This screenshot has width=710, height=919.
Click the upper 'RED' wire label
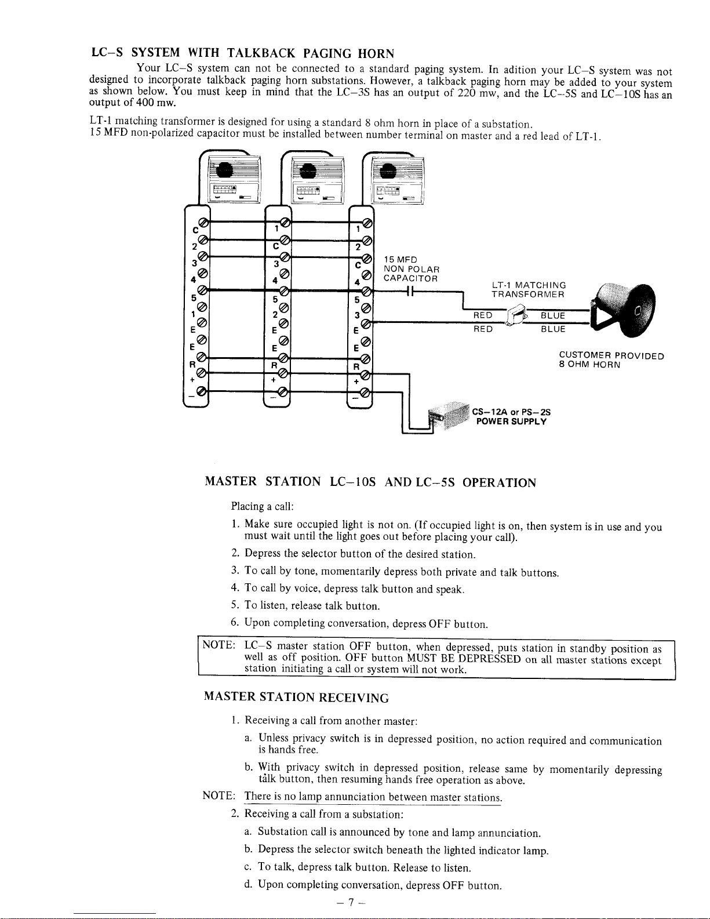[x=483, y=315]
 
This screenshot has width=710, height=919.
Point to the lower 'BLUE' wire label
[x=553, y=329]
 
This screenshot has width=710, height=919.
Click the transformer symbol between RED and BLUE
[x=517, y=321]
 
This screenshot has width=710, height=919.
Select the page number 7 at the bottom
[x=351, y=903]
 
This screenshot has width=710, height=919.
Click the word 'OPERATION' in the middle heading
[x=499, y=482]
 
